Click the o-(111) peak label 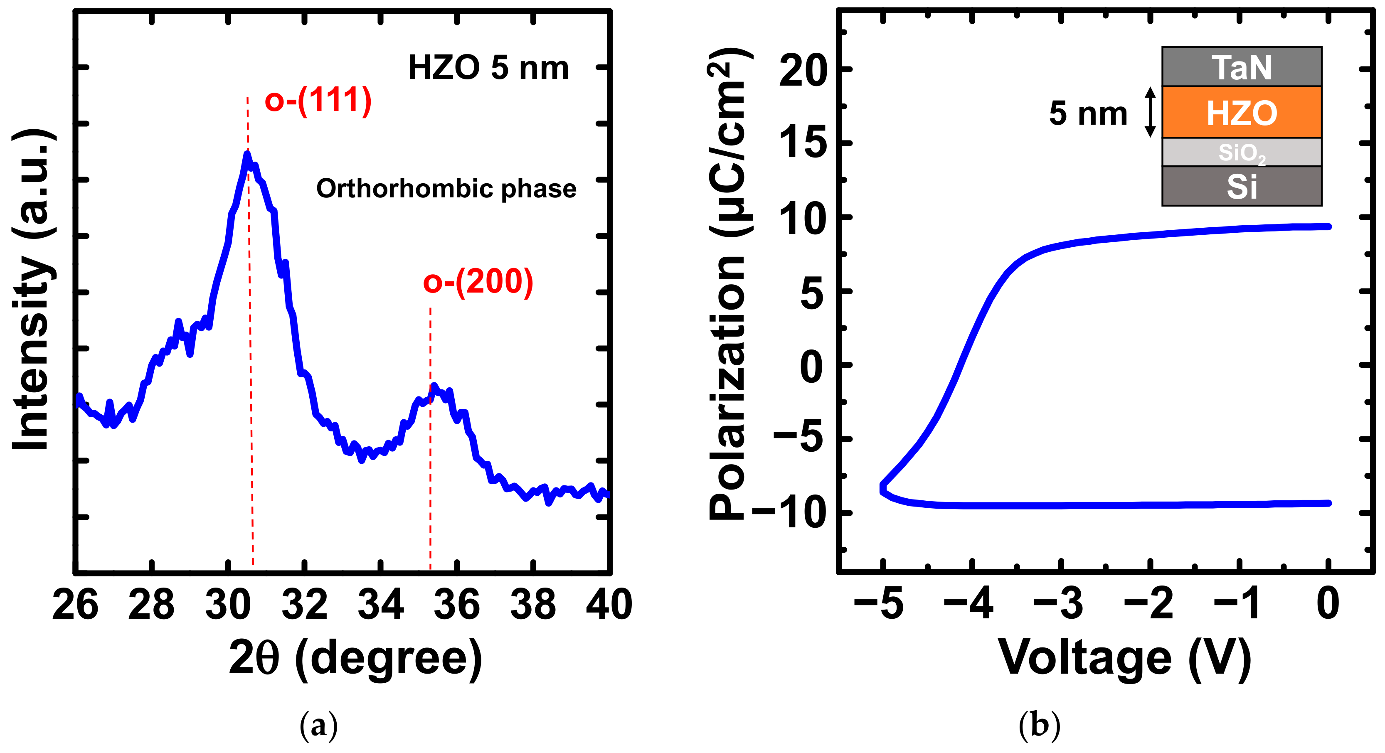coord(318,100)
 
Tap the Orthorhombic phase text coord(446,189)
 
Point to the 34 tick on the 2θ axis coord(381,604)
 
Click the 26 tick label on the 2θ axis coord(75,604)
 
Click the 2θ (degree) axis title coord(355,658)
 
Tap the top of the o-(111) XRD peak coord(247,155)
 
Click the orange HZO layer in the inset coord(1242,112)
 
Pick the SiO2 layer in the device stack coord(1242,153)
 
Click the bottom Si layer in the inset coord(1242,187)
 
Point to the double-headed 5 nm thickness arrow coord(1150,112)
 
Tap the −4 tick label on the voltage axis coord(969,603)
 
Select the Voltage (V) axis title coord(1125,658)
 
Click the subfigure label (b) coord(1039,726)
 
